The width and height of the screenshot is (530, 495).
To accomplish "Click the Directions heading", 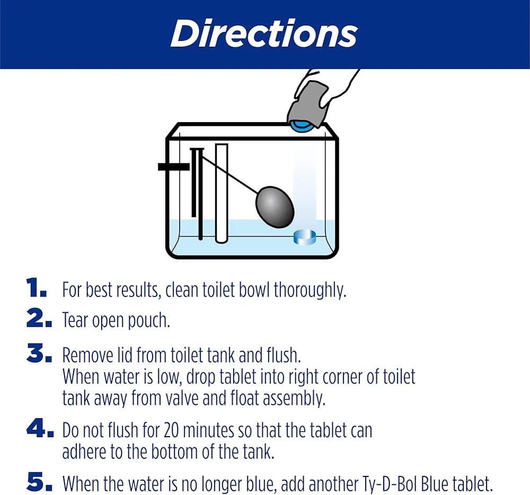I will click(264, 34).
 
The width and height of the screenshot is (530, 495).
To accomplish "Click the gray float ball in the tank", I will click(275, 207).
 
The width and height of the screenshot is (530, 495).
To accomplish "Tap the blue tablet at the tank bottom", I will click(305, 237).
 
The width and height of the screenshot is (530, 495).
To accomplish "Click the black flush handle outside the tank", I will click(173, 167).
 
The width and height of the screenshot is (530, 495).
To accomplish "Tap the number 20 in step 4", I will click(173, 430).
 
